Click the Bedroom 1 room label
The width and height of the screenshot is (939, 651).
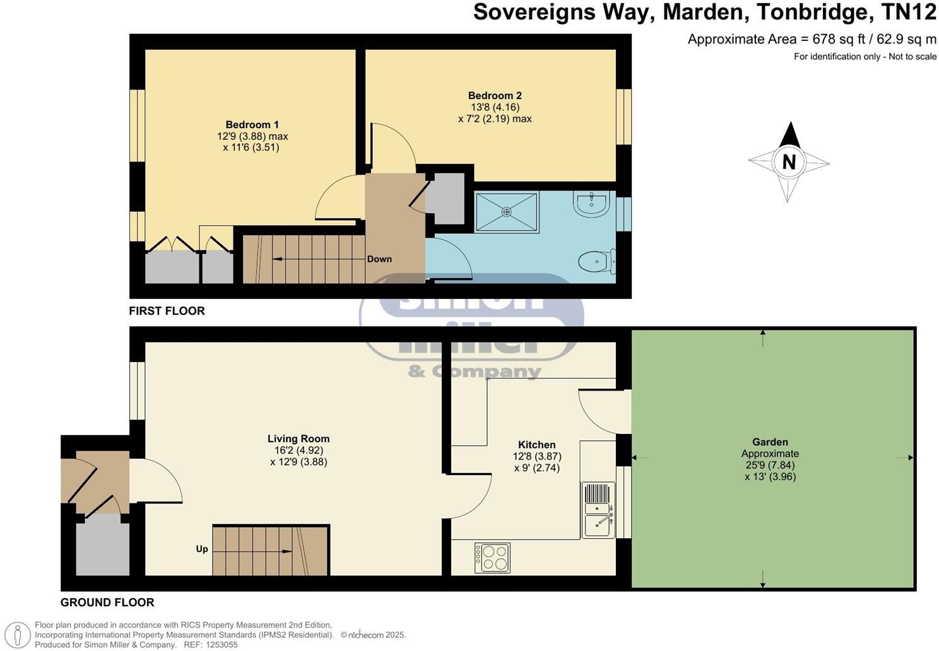click(x=252, y=125)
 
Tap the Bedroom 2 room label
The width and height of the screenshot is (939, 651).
click(x=495, y=96)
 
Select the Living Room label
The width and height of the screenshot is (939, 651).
click(x=298, y=439)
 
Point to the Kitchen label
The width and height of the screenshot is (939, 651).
click(x=536, y=445)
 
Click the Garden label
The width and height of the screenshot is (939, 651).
click(x=770, y=442)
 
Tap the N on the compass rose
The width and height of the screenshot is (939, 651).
click(x=789, y=162)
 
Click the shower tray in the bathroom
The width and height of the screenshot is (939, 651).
click(x=507, y=213)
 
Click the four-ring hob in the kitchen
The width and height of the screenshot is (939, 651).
click(x=492, y=558)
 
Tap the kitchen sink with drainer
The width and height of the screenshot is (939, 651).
click(x=598, y=510)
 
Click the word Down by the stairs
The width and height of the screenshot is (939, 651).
click(x=379, y=259)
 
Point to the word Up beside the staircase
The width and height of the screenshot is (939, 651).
click(x=202, y=549)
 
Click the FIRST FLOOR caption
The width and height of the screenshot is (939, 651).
click(x=167, y=311)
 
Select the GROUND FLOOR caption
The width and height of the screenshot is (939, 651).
click(x=107, y=602)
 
